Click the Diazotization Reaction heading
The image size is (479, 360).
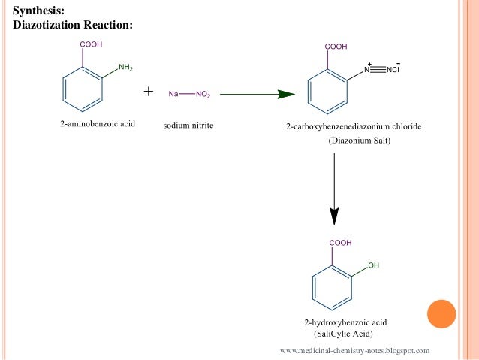coord(73,25)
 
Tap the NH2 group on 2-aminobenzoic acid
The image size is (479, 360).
coord(125,68)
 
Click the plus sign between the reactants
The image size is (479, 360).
coord(149,92)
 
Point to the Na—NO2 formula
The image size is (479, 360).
coord(190,94)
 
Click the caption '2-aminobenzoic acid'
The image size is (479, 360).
coord(97,123)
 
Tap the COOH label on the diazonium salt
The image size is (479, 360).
coord(336,47)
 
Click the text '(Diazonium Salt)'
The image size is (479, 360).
coord(355,141)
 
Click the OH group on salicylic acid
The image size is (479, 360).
coord(373,266)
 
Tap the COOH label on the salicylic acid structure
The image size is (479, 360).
coord(339,243)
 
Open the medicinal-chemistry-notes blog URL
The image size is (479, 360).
coord(354,351)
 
